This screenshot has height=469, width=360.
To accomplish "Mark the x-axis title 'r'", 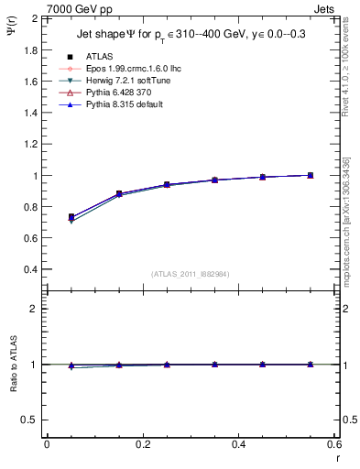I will (x=336, y=457).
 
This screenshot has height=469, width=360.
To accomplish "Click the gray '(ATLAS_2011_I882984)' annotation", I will (x=190, y=274).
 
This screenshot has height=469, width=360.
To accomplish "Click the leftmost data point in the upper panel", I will (x=71, y=218).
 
